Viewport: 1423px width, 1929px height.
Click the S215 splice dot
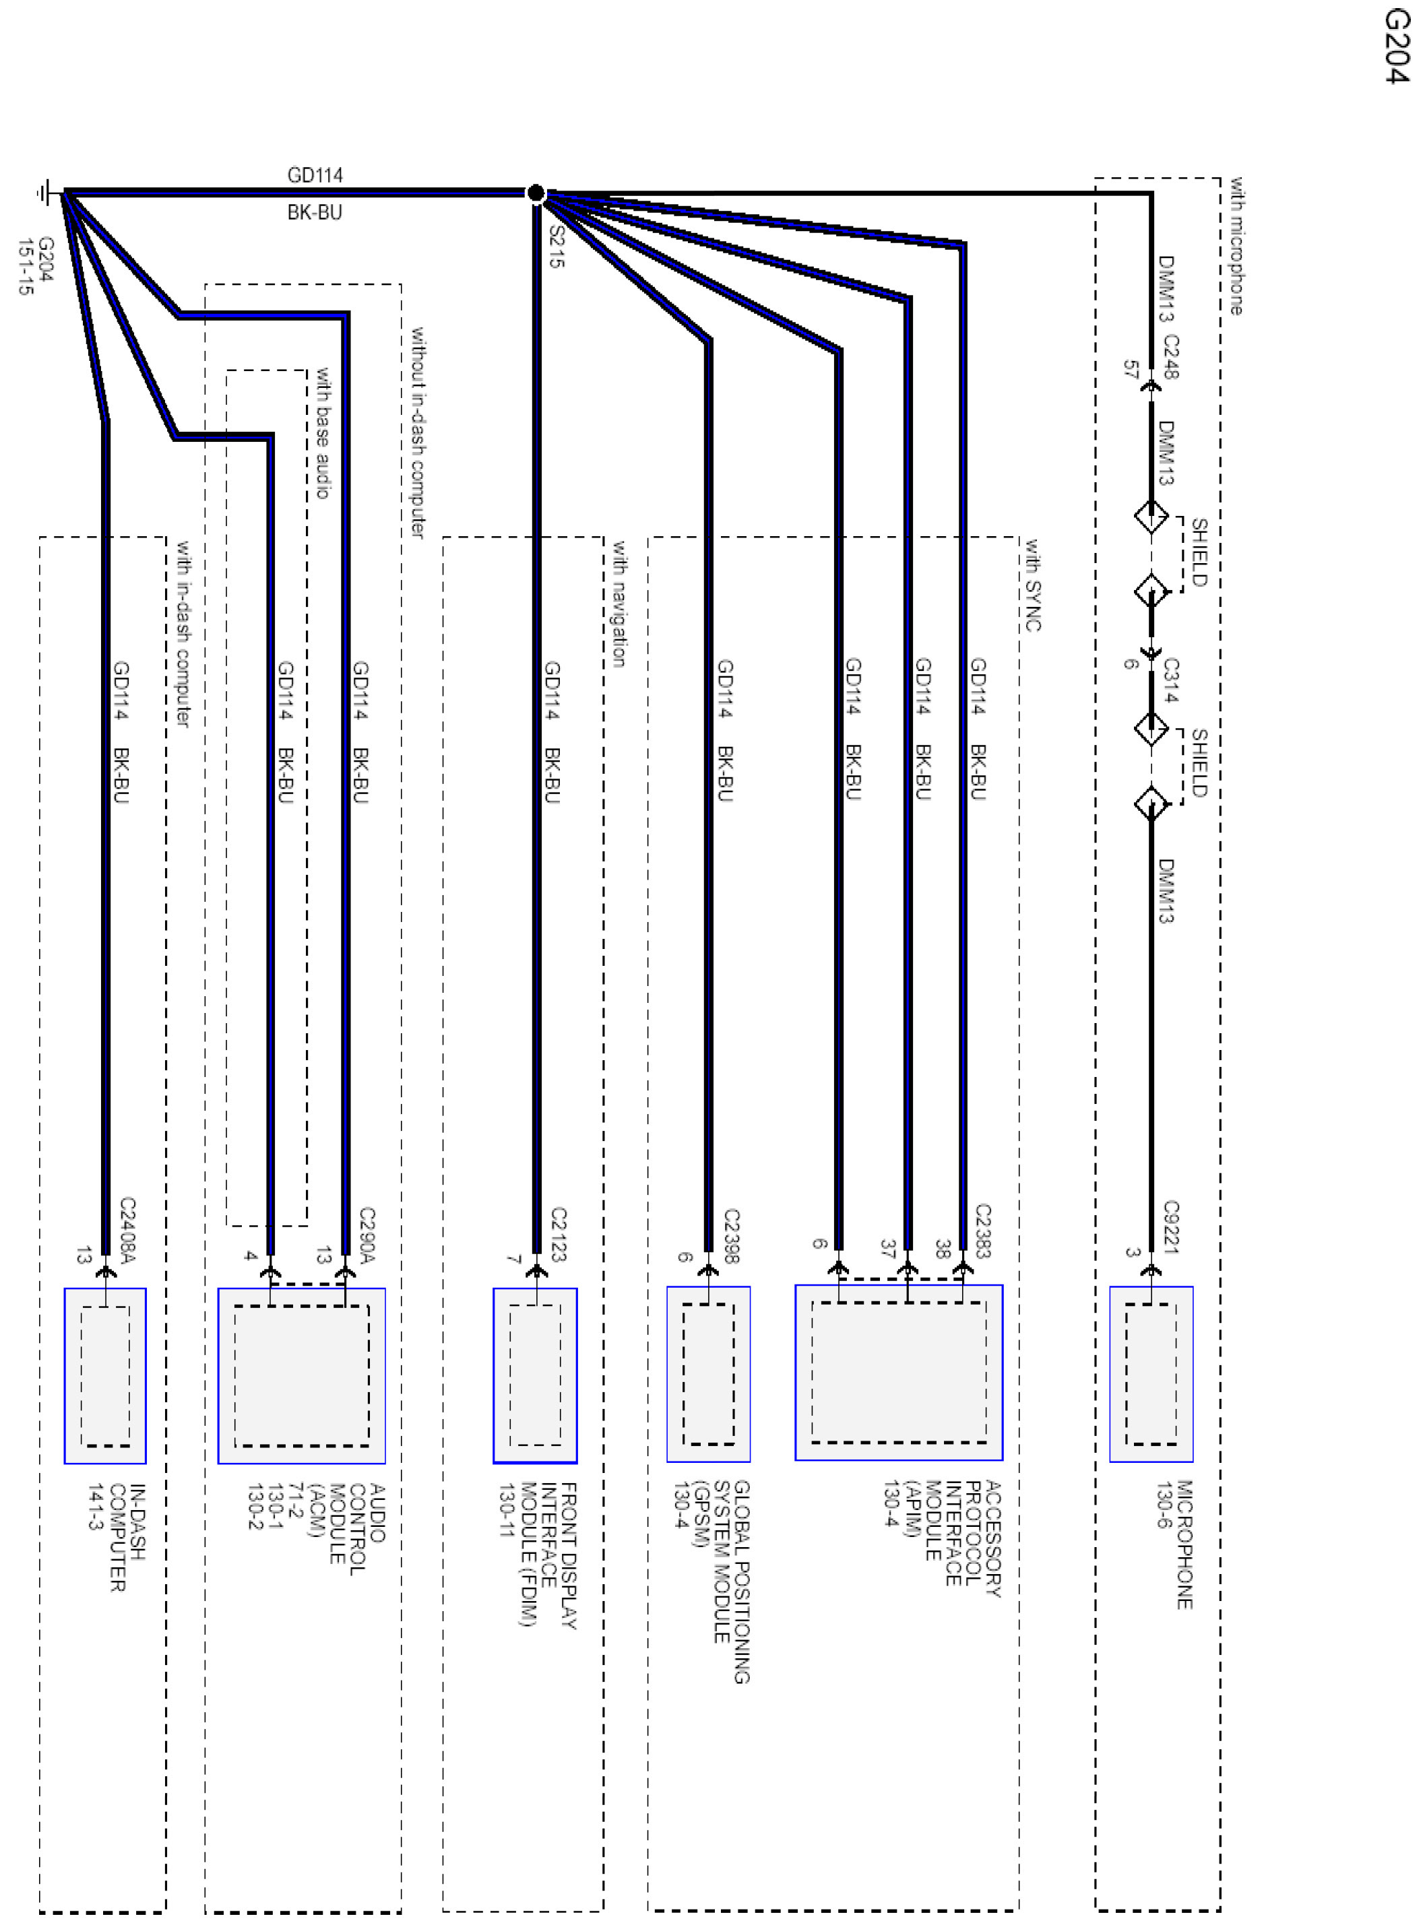click(x=535, y=193)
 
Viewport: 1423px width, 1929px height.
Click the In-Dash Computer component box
click(x=105, y=1375)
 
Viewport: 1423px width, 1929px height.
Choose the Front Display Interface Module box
click(x=535, y=1375)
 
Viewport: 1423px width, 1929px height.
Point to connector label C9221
click(x=1170, y=1227)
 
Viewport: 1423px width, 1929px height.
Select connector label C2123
click(x=557, y=1234)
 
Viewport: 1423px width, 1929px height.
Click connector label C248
click(x=1170, y=356)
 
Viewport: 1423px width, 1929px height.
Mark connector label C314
click(x=1170, y=680)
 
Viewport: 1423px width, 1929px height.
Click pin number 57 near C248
click(x=1131, y=370)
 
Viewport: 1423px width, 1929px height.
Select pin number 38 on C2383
click(x=943, y=1249)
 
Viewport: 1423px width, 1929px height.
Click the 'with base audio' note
click(x=322, y=433)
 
